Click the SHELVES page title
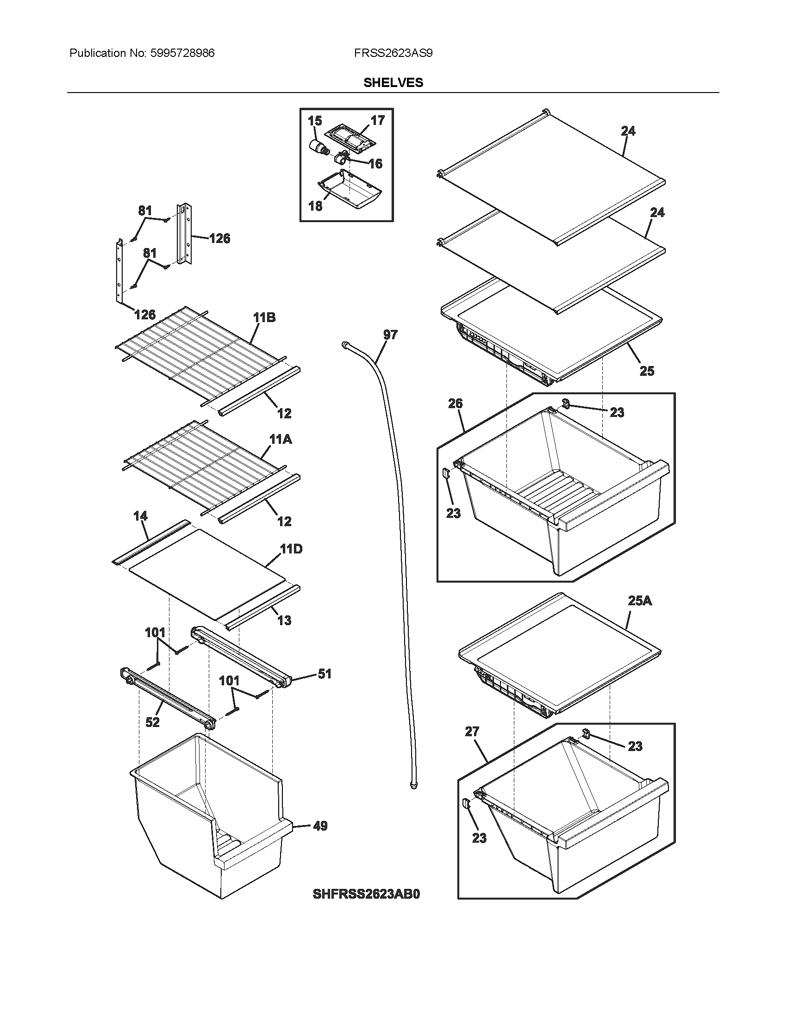pyautogui.click(x=393, y=82)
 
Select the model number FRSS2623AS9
pyautogui.click(x=393, y=53)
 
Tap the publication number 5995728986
pyautogui.click(x=182, y=53)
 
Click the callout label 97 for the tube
pyautogui.click(x=390, y=335)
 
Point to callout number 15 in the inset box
pyautogui.click(x=315, y=121)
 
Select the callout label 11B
pyautogui.click(x=264, y=318)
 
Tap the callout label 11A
pyautogui.click(x=280, y=439)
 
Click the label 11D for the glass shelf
pyautogui.click(x=291, y=549)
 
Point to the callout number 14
pyautogui.click(x=140, y=516)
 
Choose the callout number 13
pyautogui.click(x=284, y=621)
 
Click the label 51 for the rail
pyautogui.click(x=325, y=674)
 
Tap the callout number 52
pyautogui.click(x=152, y=722)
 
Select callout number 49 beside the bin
pyautogui.click(x=320, y=826)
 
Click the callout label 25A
pyautogui.click(x=640, y=601)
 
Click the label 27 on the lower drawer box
pyautogui.click(x=472, y=732)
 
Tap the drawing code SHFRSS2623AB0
pyautogui.click(x=367, y=894)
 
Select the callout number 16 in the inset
pyautogui.click(x=375, y=164)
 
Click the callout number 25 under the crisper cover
pyautogui.click(x=647, y=371)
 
